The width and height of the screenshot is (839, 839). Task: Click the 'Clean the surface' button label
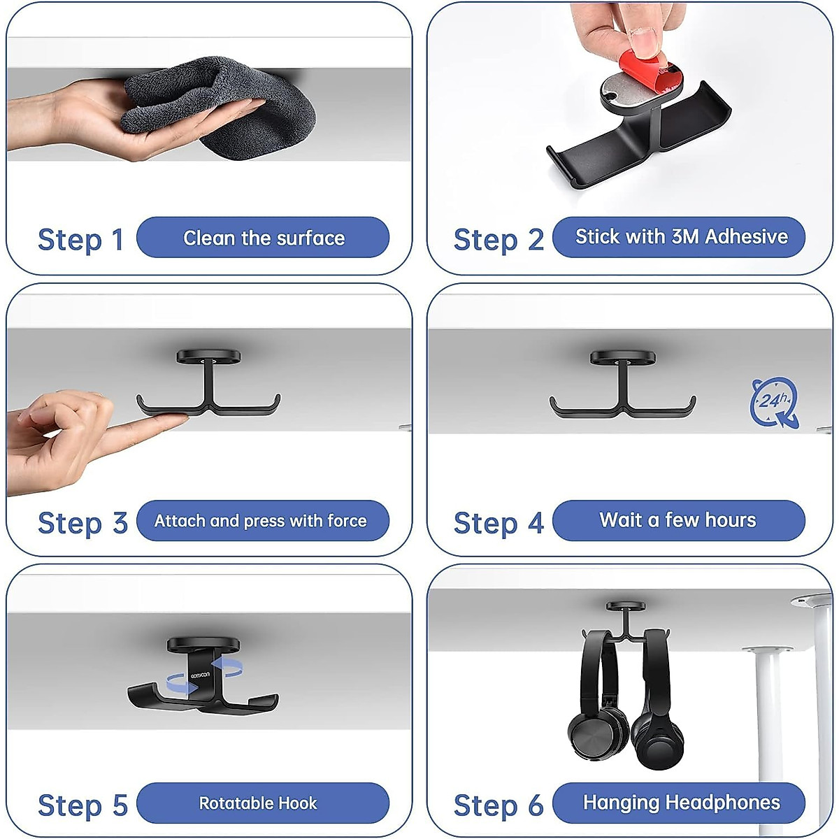pyautogui.click(x=264, y=238)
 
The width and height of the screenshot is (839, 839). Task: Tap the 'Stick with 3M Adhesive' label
pyautogui.click(x=681, y=237)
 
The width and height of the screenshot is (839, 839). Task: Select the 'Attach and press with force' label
pyautogui.click(x=260, y=521)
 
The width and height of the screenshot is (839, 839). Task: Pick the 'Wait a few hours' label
pyautogui.click(x=677, y=520)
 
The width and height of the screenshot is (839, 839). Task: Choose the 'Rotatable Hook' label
pyautogui.click(x=258, y=803)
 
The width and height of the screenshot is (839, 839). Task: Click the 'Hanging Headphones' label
pyautogui.click(x=681, y=803)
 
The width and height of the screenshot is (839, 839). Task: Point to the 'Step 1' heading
pyautogui.click(x=80, y=240)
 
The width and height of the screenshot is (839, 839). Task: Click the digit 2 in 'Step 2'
pyautogui.click(x=536, y=240)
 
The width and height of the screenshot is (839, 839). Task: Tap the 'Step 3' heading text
pyautogui.click(x=83, y=523)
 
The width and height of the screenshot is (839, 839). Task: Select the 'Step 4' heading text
pyautogui.click(x=499, y=523)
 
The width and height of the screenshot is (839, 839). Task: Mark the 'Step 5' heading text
pyautogui.click(x=83, y=805)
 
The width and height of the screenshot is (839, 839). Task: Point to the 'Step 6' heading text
pyautogui.click(x=499, y=805)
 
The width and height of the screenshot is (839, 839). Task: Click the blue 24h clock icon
pyautogui.click(x=774, y=402)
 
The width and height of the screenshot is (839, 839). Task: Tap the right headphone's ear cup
pyautogui.click(x=657, y=743)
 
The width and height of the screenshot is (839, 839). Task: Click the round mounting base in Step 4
pyautogui.click(x=622, y=358)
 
